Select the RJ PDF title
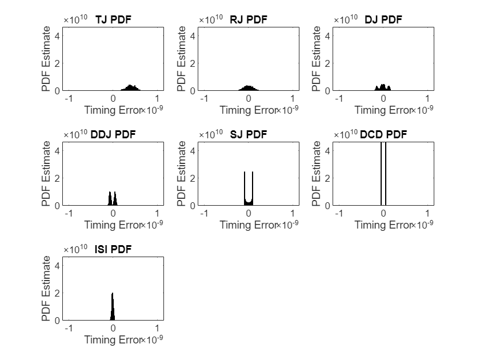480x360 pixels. pos(249,20)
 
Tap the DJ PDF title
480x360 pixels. pos(383,20)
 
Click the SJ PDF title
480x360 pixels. pos(249,135)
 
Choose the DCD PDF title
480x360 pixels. pos(383,135)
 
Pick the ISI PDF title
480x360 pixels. pos(113,250)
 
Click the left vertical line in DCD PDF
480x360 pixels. pos(381,171)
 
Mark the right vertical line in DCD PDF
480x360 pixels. pos(386,171)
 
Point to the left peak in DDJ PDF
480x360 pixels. pos(110,198)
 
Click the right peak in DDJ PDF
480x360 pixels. pos(115,198)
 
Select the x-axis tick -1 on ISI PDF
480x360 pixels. pos(68,329)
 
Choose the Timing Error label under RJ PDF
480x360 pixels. pos(247,110)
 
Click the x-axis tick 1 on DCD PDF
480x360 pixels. pos(427,214)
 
